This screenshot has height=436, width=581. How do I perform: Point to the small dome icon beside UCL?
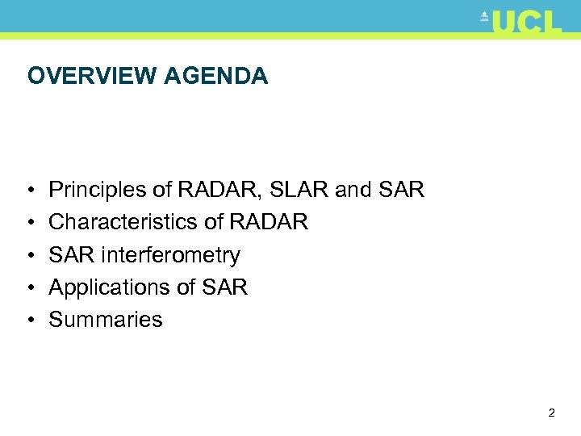click(484, 16)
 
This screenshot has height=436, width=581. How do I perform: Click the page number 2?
click(551, 413)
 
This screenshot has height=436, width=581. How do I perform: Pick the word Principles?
click(98, 191)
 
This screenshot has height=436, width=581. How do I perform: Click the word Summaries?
click(106, 320)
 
